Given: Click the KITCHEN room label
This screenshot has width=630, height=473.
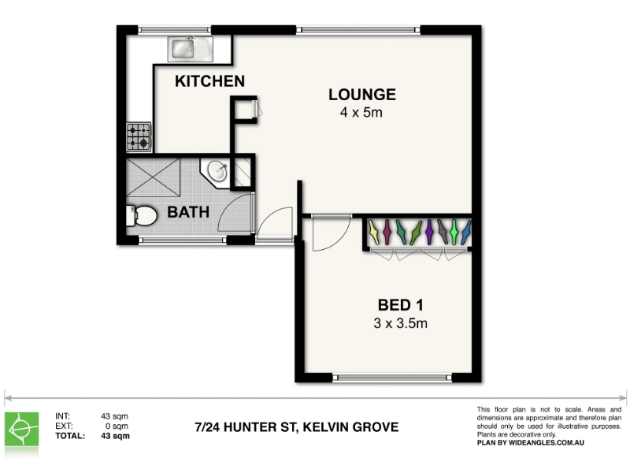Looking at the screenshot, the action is (209, 81).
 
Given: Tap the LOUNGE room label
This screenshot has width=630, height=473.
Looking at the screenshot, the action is (362, 95).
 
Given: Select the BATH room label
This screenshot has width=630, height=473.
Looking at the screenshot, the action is (188, 212).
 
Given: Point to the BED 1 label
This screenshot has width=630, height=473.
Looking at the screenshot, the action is (401, 305).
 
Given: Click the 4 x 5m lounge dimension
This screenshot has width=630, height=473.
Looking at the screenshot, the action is (361, 112).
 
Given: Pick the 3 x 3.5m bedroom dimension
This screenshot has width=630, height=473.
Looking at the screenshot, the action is (401, 323).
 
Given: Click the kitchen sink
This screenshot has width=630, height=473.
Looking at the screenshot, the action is (191, 49).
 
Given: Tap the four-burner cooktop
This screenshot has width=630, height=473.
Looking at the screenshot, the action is (139, 136).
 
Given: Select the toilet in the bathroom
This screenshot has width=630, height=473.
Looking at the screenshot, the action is (141, 215).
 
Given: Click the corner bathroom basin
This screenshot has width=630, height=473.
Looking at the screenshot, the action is (217, 172).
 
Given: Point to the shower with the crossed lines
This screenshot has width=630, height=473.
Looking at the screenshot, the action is (153, 177).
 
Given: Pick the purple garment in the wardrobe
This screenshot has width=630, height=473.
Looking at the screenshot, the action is (429, 232).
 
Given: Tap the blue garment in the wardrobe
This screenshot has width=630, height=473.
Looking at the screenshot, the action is (467, 233).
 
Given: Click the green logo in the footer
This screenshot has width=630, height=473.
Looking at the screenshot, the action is (22, 429).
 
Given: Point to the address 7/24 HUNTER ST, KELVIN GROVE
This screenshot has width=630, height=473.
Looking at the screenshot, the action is (297, 427).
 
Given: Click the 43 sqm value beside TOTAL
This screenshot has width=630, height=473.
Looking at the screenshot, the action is (115, 436).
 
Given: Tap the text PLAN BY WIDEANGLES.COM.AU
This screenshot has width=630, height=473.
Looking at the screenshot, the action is (530, 443).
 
